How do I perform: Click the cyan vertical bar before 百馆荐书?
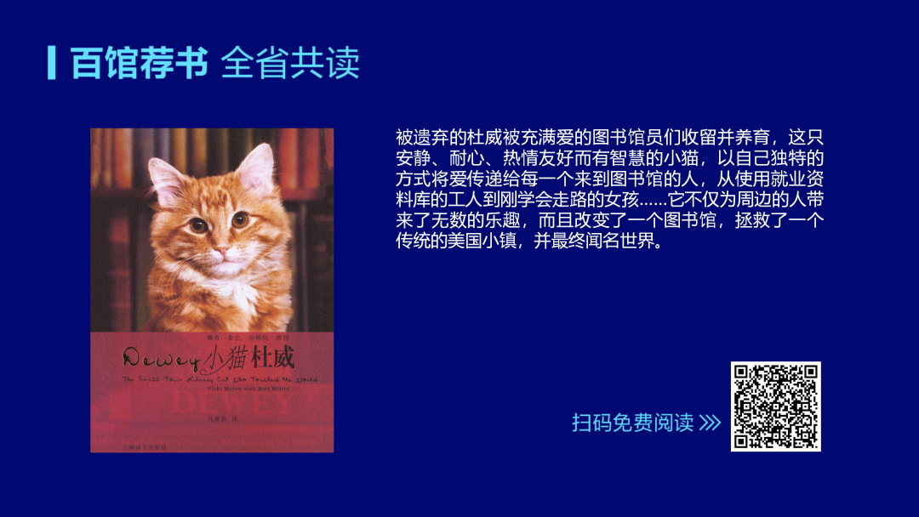coord(52,62)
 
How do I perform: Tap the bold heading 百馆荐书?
coord(139,63)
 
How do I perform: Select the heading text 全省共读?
coord(290,63)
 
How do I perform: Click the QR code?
coord(775,406)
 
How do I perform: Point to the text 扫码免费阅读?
coord(632,423)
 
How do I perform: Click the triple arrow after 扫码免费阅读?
coord(710,423)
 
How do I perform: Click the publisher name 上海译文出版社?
coord(130,446)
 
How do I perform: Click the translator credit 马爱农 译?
coord(213,418)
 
